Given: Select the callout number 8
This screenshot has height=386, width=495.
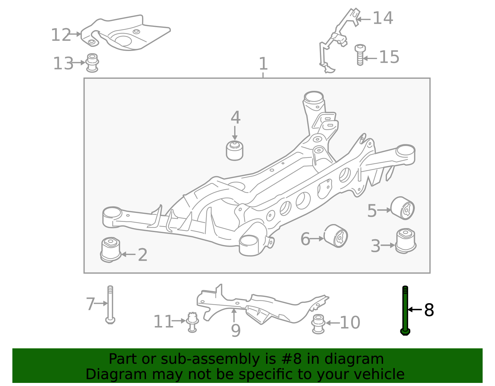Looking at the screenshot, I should tap(429, 310).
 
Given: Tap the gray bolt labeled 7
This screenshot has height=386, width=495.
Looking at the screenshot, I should tap(110, 305).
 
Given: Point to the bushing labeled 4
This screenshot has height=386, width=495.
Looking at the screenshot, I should tap(235, 151).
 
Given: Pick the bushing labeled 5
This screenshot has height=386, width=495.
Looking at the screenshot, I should tap(402, 208).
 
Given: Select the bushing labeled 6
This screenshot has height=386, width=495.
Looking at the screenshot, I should tap(336, 236).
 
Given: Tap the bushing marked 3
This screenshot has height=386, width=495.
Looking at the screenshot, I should tap(406, 241).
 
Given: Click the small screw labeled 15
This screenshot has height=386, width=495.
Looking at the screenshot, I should tap(360, 55).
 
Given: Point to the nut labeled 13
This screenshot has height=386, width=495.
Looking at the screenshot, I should tap(92, 63).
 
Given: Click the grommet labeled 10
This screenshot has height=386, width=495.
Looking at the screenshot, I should tap(318, 324).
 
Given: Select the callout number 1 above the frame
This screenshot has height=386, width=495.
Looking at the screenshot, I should tap(263, 64).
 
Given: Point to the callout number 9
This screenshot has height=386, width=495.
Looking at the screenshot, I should tap(235, 330).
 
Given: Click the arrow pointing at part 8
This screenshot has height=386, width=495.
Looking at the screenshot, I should tap(415, 309).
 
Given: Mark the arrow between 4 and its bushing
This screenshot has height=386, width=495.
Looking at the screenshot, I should tap(235, 133).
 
